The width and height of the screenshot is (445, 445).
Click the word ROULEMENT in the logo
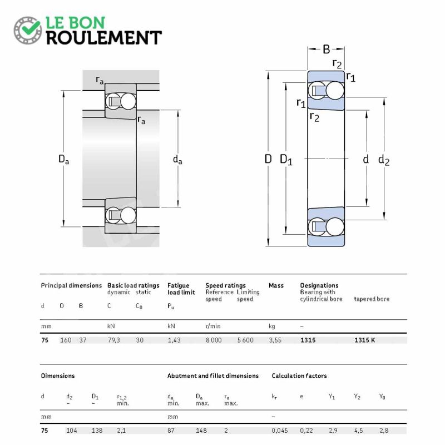click(104, 38)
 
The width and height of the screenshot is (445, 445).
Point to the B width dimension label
click(327, 50)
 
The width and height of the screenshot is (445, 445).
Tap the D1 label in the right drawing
click(286, 160)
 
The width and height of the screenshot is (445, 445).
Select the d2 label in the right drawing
click(384, 160)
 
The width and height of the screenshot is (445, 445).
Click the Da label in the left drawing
click(63, 159)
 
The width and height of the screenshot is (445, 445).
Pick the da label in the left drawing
click(177, 160)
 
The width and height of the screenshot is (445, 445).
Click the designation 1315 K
click(365, 340)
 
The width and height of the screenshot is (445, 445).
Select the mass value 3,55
click(275, 340)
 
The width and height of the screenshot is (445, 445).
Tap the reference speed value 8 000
click(214, 340)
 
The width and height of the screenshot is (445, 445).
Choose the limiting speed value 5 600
click(245, 340)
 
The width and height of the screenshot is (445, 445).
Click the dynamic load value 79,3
click(113, 340)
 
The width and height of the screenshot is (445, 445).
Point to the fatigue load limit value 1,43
click(174, 340)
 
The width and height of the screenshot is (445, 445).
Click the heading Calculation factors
click(299, 376)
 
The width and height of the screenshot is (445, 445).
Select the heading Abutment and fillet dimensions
click(213, 376)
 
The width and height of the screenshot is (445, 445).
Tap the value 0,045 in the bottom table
click(280, 431)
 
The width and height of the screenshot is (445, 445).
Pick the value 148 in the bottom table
click(201, 431)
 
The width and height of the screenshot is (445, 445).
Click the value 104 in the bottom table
click(72, 431)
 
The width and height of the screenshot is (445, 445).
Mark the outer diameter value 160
click(66, 340)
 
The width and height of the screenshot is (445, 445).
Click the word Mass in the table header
click(276, 285)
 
